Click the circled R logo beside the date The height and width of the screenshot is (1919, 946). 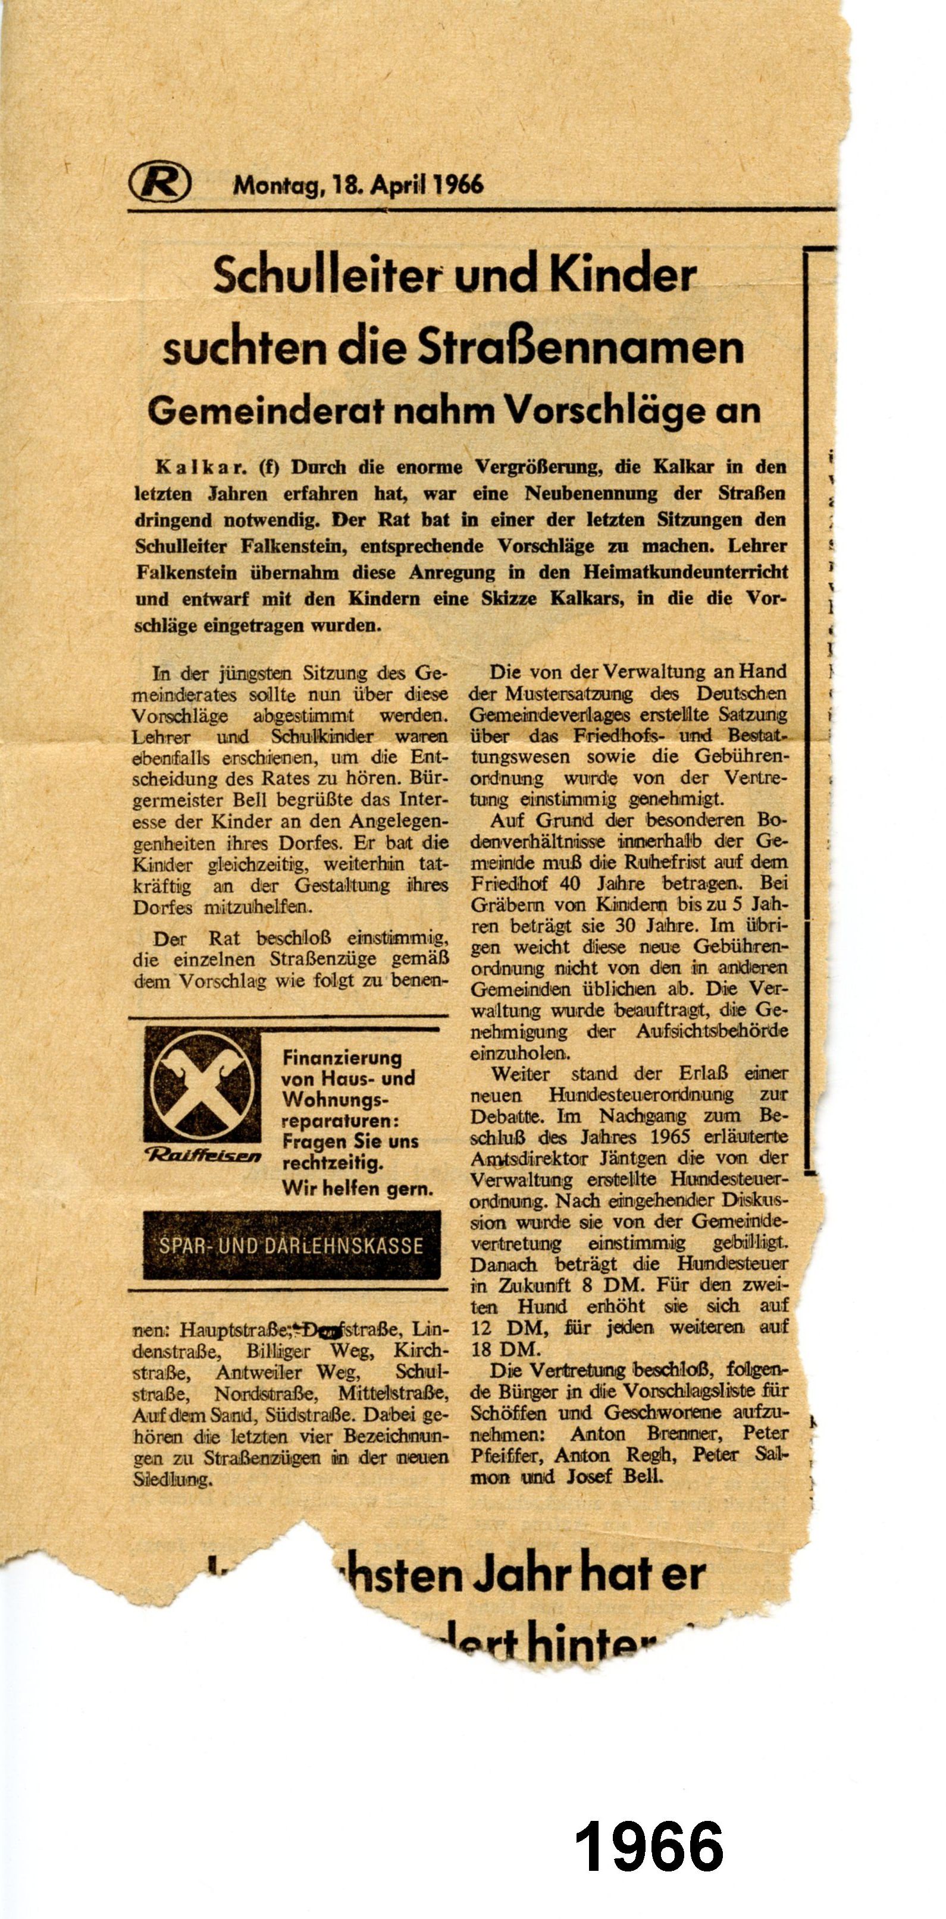tap(159, 183)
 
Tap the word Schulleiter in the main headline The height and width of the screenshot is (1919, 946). tap(326, 276)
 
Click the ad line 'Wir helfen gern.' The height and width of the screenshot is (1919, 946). tap(357, 1188)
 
